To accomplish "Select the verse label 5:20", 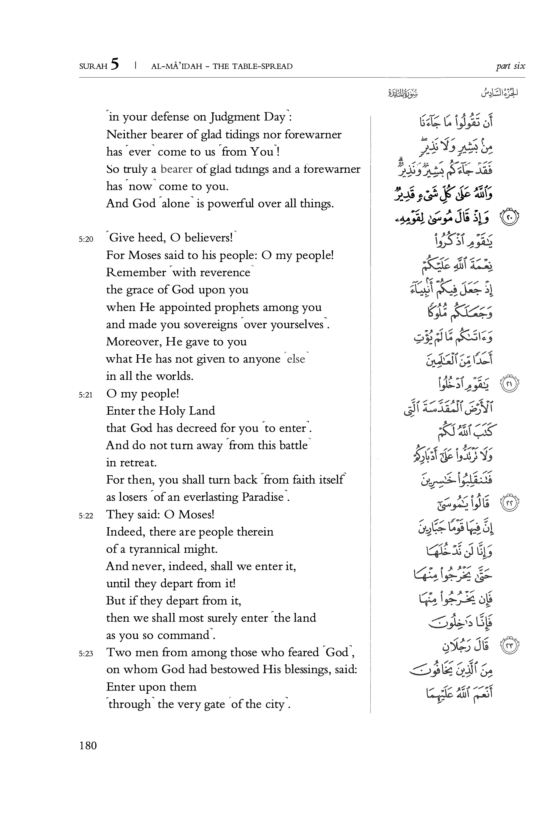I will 86,239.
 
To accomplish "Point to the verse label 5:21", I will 86,395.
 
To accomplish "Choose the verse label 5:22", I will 86,516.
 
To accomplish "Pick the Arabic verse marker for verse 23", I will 509,645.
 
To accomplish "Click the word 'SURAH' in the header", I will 93,66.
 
